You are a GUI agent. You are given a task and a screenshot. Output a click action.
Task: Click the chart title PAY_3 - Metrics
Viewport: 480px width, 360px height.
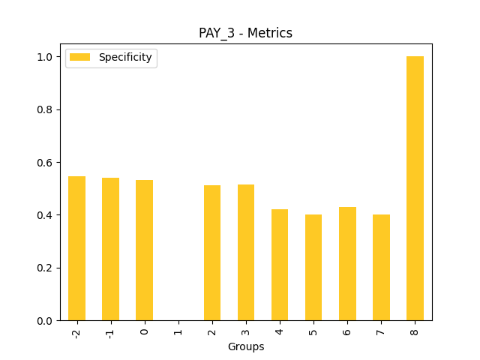point(245,33)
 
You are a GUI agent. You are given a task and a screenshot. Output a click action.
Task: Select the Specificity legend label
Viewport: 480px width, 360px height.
point(125,57)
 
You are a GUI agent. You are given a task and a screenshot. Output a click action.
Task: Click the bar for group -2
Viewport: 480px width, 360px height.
point(76,248)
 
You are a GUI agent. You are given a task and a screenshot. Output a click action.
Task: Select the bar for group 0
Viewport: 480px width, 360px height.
point(144,250)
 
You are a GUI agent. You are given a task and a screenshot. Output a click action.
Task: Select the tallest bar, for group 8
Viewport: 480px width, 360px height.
point(415,188)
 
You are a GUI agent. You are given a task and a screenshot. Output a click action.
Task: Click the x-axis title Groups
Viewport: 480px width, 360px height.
point(245,346)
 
